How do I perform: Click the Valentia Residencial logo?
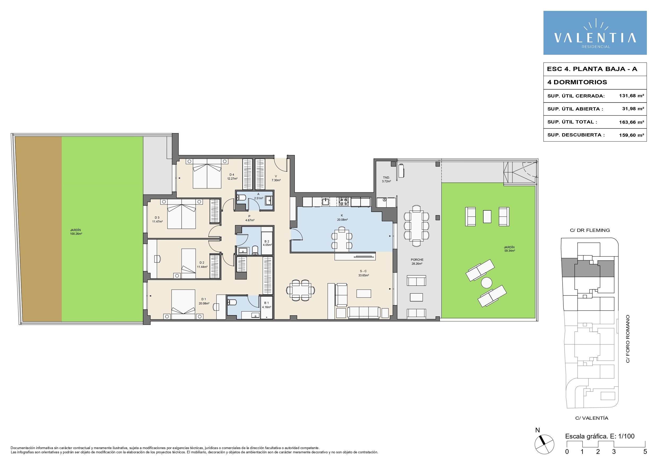(x=595, y=33)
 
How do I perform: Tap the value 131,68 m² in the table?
(x=631, y=96)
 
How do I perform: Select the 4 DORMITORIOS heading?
(x=577, y=82)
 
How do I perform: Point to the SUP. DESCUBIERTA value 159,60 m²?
(x=631, y=135)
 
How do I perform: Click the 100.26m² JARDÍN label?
(x=76, y=232)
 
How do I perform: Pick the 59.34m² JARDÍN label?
(x=509, y=249)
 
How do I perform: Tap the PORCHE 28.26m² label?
(x=417, y=262)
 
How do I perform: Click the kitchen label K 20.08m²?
(x=342, y=218)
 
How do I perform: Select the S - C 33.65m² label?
(x=363, y=273)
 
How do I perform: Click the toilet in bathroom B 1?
(x=232, y=302)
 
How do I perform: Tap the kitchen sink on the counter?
(x=325, y=201)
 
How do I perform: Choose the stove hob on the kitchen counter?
(x=344, y=202)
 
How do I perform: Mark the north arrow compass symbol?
(x=544, y=444)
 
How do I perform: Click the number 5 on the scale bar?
(x=645, y=452)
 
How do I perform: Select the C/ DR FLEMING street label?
(x=590, y=230)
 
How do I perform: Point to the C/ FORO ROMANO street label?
(x=628, y=339)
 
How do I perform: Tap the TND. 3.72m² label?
(x=386, y=179)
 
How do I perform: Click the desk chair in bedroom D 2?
(x=157, y=259)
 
